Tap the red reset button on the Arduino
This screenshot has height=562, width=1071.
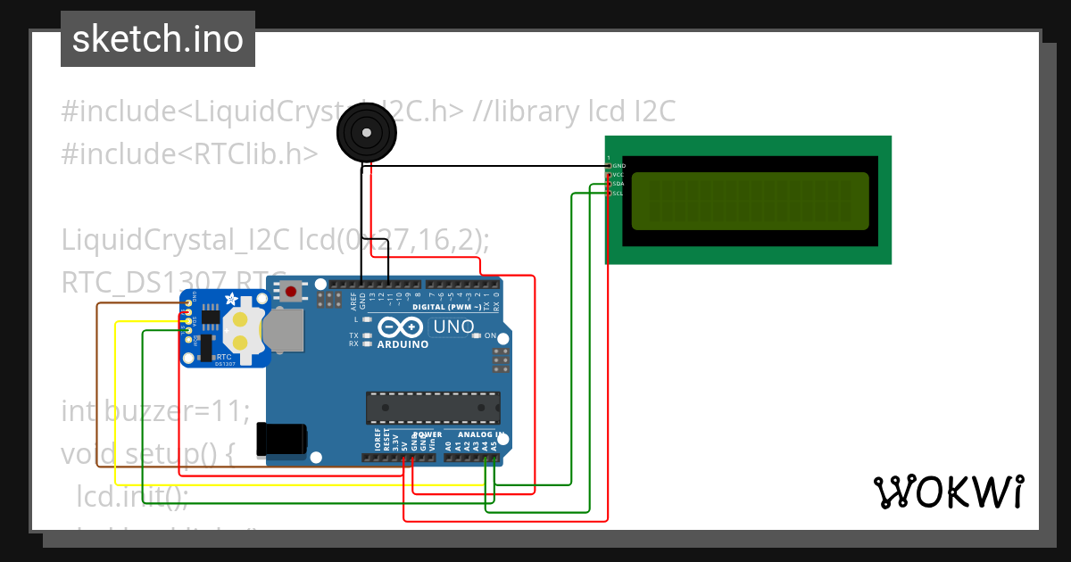(291, 291)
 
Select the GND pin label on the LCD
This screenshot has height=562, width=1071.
(619, 166)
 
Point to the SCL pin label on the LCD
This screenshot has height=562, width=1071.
(619, 194)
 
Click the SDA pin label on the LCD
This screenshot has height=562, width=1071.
(619, 184)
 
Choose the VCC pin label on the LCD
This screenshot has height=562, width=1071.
(619, 175)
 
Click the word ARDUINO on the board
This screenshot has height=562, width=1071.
(403, 344)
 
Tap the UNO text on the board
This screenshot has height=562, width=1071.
(453, 326)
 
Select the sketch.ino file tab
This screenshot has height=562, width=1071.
(158, 39)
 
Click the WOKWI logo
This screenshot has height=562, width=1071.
(948, 492)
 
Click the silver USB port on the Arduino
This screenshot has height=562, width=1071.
(284, 330)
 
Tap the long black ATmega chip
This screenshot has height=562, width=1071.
(433, 407)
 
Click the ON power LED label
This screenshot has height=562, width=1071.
(490, 336)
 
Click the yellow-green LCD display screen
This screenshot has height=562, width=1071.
(750, 201)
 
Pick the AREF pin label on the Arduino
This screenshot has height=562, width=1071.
(353, 300)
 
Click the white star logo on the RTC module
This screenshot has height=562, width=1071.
(232, 299)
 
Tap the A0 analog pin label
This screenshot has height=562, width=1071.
(448, 444)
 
